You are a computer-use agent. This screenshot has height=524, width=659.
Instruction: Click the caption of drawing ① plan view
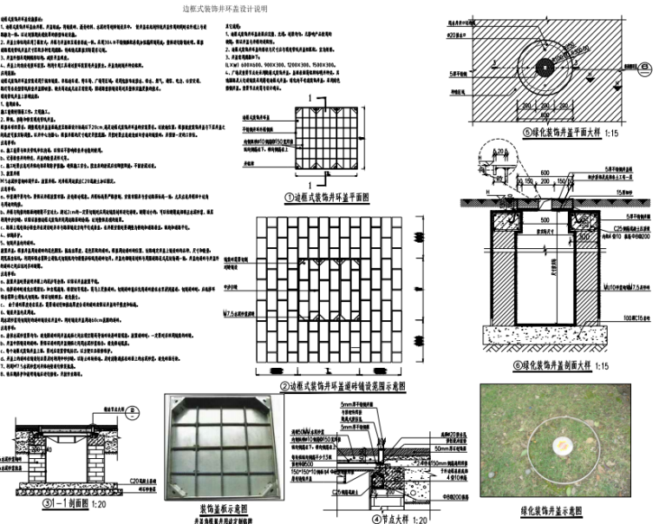[334, 198]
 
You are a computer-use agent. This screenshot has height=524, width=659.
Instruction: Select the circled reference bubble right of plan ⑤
[646, 65]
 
